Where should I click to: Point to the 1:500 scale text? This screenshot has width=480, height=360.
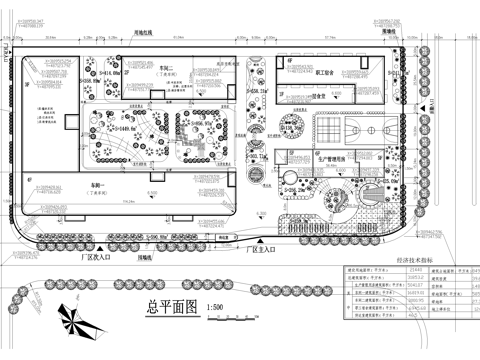(x=212, y=309)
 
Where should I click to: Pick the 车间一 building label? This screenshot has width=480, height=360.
(x=97, y=186)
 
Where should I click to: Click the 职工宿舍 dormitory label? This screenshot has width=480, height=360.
(x=329, y=73)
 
